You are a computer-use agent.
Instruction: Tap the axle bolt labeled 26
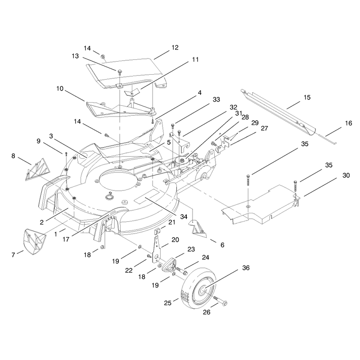click(x=220, y=301)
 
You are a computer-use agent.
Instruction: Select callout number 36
click(x=246, y=268)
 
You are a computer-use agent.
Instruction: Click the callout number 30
click(x=346, y=175)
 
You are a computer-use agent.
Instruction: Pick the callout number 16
click(x=348, y=123)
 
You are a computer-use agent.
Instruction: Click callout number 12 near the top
click(x=175, y=48)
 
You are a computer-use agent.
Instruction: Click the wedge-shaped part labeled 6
click(x=198, y=229)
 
